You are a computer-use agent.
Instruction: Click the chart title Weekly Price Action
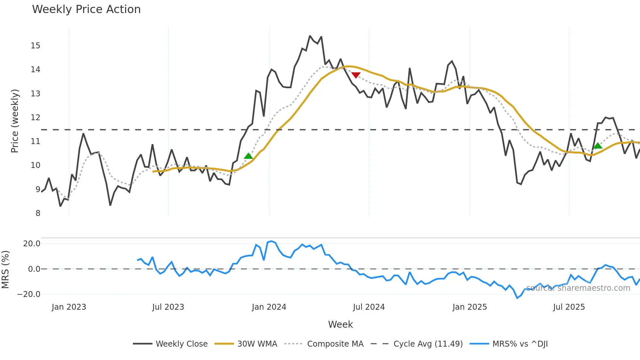click(x=86, y=9)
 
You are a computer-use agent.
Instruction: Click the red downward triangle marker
click(x=356, y=75)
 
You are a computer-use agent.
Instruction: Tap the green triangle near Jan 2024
click(x=248, y=156)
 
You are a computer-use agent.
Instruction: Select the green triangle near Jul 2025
click(x=598, y=146)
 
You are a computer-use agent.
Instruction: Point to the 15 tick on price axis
click(x=36, y=46)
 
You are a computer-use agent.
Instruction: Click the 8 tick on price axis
click(x=38, y=213)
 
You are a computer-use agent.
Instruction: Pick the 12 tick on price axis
click(x=36, y=118)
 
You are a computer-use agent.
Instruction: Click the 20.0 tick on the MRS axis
click(x=32, y=244)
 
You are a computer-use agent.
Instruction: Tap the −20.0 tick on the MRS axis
click(x=29, y=294)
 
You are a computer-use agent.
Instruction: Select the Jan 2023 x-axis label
click(x=69, y=307)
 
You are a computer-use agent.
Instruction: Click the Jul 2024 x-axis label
click(x=369, y=307)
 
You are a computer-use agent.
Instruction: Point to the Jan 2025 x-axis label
click(x=470, y=307)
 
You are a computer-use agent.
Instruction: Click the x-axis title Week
click(x=340, y=324)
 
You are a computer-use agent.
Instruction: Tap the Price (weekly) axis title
click(x=15, y=121)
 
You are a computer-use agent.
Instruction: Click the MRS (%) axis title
click(x=5, y=270)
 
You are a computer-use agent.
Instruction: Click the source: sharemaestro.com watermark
click(x=578, y=288)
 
